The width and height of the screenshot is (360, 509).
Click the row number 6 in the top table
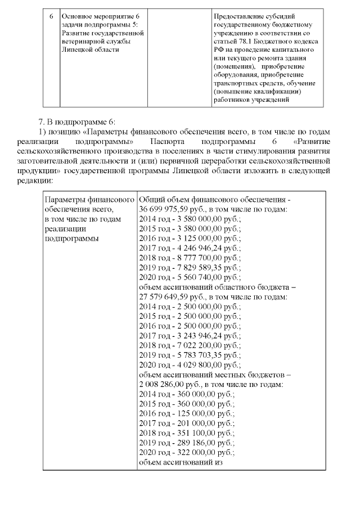point(51,15)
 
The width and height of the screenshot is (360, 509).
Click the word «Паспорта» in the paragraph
point(167,140)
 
